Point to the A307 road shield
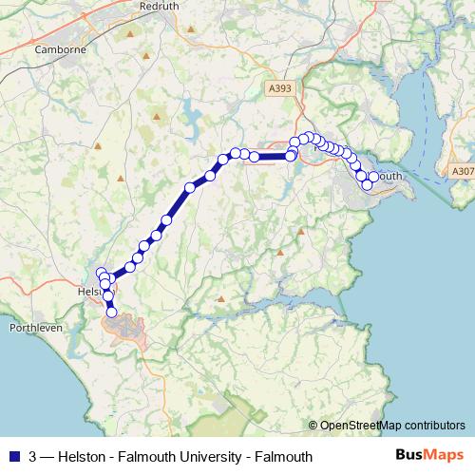[462, 171]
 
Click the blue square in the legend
[15, 456]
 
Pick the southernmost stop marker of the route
[111, 312]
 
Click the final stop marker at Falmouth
[368, 184]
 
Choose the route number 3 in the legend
[34, 456]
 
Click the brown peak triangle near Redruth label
[192, 30]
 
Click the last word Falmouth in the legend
[279, 456]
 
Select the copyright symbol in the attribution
[313, 425]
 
